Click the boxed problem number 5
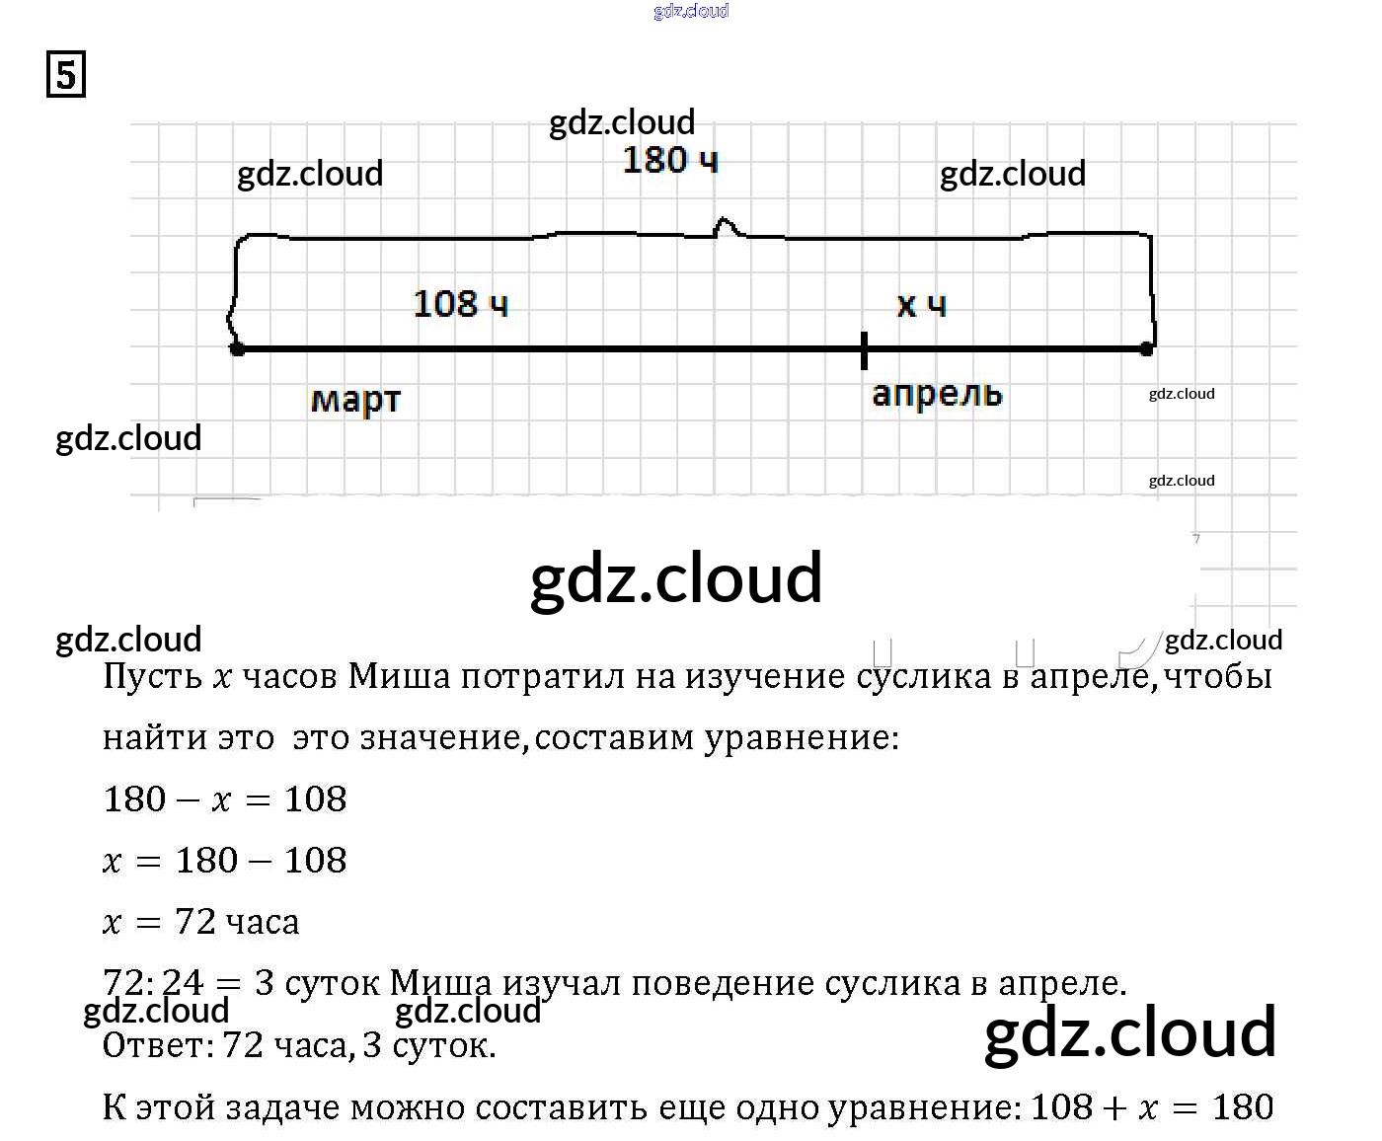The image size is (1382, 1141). point(66,75)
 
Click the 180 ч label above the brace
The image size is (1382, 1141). point(670,160)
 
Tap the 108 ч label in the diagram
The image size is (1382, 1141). point(461,303)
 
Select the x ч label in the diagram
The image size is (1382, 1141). point(921,304)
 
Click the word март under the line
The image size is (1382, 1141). point(355,400)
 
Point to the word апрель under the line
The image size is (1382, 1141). point(937,394)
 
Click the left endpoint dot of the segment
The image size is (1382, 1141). point(237,348)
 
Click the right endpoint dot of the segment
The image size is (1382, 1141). point(1146,348)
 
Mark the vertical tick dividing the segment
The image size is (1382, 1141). point(865,350)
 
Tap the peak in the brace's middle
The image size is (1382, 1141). point(728,225)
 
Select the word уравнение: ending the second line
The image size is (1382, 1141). point(801,738)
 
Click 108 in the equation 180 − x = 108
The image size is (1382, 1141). point(316,799)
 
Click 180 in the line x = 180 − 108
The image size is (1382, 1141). point(206,861)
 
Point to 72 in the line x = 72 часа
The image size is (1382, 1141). point(195,922)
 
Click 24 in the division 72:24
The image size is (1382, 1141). point(183,983)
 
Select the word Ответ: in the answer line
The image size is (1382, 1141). point(159,1045)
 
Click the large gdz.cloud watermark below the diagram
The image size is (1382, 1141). point(676,578)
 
